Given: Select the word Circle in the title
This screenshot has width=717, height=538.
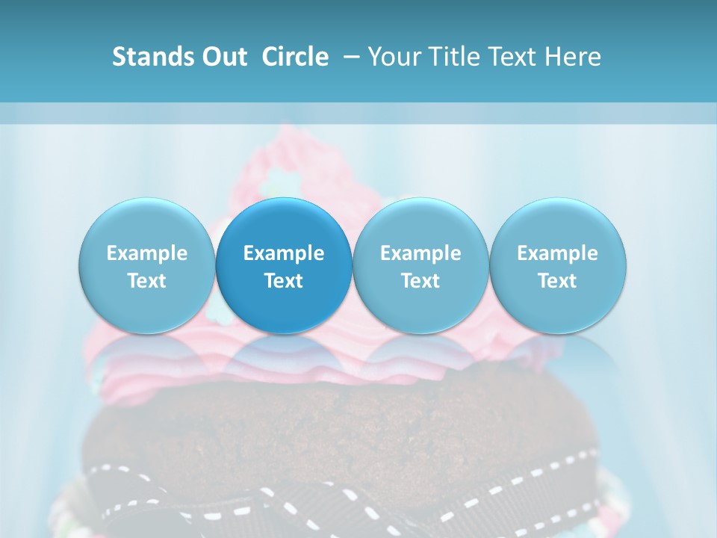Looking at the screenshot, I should tap(295, 57).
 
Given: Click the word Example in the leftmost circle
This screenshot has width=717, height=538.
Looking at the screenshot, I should tap(146, 253).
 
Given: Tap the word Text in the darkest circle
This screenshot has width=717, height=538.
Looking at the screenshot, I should tap(284, 281).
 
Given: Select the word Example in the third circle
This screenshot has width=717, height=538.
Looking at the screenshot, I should tap(420, 253).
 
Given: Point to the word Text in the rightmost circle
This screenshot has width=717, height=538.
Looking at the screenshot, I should tap(557, 281).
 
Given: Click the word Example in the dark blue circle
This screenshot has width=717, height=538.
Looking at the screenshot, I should tap(284, 253).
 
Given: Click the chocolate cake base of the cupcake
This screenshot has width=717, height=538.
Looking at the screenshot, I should tap(336, 426).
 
